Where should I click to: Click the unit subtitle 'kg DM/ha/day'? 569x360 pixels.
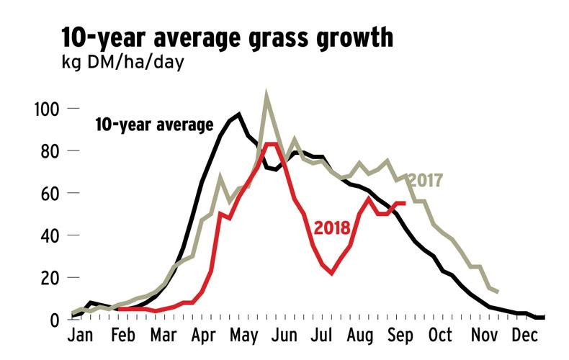(x=122, y=63)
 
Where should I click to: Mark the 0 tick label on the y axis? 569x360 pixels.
(x=55, y=319)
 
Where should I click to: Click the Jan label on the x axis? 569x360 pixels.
(x=80, y=336)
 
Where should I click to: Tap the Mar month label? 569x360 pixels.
(x=163, y=336)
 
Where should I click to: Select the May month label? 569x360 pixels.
(x=247, y=336)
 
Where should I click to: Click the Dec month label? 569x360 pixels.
(x=524, y=336)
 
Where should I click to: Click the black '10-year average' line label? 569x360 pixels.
(x=154, y=125)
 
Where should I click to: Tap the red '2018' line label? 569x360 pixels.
(x=332, y=228)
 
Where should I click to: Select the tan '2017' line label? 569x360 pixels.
(x=424, y=181)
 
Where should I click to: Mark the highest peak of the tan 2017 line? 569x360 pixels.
(x=267, y=94)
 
